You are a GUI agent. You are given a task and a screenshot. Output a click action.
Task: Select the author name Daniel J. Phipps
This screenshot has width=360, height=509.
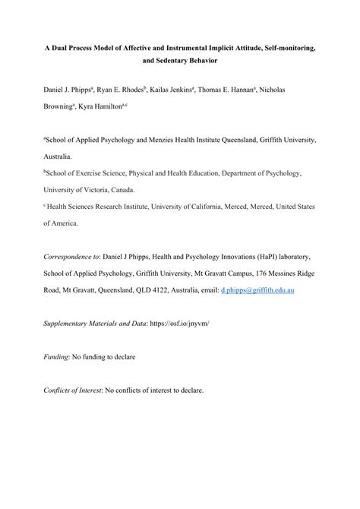pos(72,90)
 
